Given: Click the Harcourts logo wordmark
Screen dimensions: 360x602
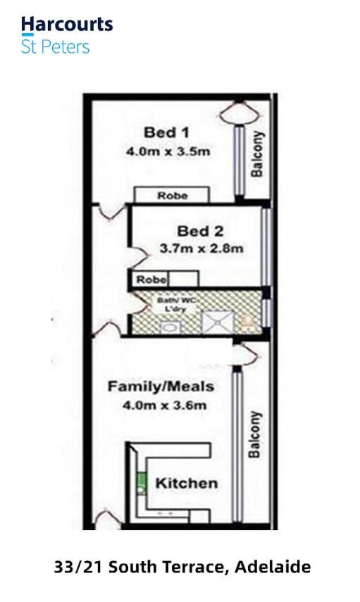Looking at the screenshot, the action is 67,25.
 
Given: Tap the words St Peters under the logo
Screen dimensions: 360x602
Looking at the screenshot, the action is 56,47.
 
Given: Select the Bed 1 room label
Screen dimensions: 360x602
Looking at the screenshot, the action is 166,132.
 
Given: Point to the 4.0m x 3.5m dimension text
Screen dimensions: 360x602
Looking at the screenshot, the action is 168,151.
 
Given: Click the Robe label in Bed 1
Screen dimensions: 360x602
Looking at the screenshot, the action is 173,196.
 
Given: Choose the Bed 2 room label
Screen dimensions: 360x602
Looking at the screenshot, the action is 200,231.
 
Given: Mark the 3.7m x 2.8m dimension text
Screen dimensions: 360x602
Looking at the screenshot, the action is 201,249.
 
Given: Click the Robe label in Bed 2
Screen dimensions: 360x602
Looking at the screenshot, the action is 151,280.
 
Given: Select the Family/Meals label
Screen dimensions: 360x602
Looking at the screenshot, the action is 161,387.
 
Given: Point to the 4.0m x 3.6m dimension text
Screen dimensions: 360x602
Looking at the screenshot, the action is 164,405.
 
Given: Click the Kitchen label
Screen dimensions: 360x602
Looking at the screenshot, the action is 186,484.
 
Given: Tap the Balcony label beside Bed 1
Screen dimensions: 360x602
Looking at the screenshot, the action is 257,154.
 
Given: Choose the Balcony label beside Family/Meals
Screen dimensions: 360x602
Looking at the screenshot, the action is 255,434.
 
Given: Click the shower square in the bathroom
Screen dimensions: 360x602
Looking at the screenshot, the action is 218,322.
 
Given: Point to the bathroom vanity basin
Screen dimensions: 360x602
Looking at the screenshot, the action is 169,327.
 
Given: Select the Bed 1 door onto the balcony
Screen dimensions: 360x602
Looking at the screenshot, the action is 239,113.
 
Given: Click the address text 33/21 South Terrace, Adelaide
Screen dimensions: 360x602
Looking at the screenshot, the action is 182,567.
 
